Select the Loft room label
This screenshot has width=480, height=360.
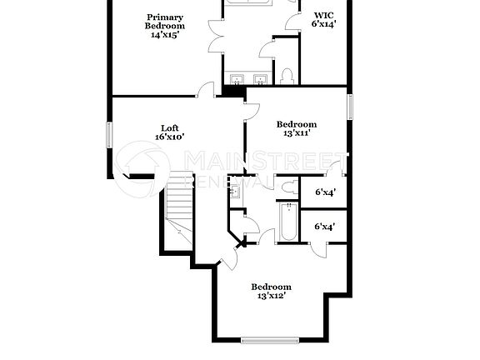[169, 128]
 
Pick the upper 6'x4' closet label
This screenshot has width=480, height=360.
[324, 192]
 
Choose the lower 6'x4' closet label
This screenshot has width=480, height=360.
[324, 226]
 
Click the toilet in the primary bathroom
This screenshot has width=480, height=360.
[287, 77]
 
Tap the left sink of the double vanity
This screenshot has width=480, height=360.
[237, 80]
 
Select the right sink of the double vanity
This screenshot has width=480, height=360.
[260, 80]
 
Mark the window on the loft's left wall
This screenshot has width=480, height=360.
[109, 136]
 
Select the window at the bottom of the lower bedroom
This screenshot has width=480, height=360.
[269, 339]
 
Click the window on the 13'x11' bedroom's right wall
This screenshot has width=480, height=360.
[349, 106]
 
